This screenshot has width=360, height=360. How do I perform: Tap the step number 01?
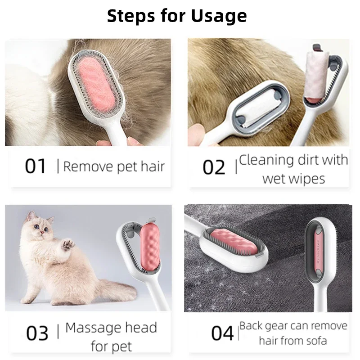36,166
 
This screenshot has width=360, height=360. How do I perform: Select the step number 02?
214,167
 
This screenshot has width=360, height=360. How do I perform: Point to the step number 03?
37,334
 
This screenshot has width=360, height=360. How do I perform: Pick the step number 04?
223,334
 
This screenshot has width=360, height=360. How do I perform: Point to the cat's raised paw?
67,244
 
